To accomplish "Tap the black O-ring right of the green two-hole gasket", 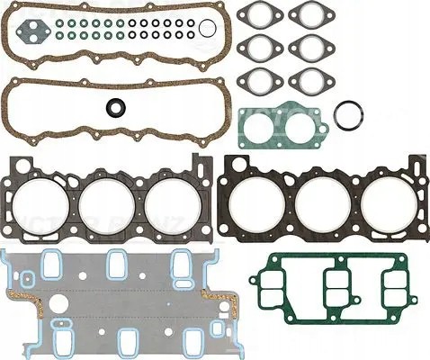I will [347, 115].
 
